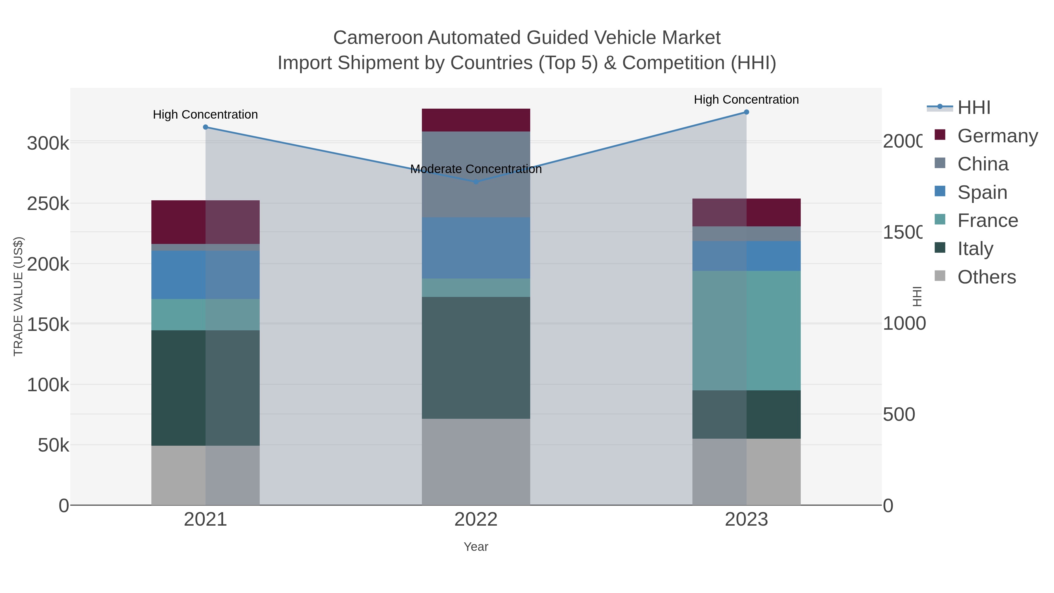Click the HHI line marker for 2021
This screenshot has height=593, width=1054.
pyautogui.click(x=206, y=127)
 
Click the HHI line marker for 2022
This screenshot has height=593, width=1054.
pyautogui.click(x=476, y=182)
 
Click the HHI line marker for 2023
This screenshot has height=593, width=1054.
pyautogui.click(x=746, y=112)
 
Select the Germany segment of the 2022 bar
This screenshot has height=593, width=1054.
pyautogui.click(x=476, y=120)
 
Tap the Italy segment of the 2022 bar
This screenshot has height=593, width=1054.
pyautogui.click(x=476, y=357)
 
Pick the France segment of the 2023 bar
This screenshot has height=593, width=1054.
pyautogui.click(x=746, y=330)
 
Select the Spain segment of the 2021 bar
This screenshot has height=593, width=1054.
pyautogui.click(x=206, y=275)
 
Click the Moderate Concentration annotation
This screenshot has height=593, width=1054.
pyautogui.click(x=476, y=169)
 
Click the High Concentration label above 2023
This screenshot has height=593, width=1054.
pyautogui.click(x=746, y=100)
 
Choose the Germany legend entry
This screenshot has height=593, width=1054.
pyautogui.click(x=997, y=136)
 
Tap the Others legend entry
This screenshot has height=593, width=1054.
pyautogui.click(x=986, y=277)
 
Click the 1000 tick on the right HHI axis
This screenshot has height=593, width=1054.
pyautogui.click(x=904, y=323)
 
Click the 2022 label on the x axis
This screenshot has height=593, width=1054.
pyautogui.click(x=476, y=520)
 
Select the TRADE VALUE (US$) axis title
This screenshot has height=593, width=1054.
pyautogui.click(x=18, y=296)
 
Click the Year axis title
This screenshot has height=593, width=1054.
pyautogui.click(x=476, y=547)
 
